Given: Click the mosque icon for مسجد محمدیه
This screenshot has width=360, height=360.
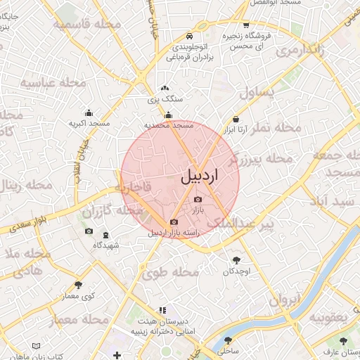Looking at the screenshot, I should click(x=168, y=115).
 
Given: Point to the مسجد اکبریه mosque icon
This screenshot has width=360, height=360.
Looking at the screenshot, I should click(x=89, y=113).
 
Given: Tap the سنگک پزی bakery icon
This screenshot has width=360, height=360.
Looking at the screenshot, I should click(x=165, y=89).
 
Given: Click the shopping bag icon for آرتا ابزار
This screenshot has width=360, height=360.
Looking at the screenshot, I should click(x=234, y=119).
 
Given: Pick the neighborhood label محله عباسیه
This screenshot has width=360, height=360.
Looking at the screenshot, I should click(x=53, y=84).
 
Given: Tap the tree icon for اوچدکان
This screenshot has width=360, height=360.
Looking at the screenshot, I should click(x=234, y=259).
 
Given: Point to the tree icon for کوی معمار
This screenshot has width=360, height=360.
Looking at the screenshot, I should click(x=78, y=285).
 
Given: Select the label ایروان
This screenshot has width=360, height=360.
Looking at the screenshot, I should click(x=284, y=300).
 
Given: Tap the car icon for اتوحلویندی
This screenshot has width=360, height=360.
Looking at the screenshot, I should click(x=189, y=36).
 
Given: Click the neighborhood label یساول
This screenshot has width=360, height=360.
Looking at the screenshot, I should click(x=260, y=92).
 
